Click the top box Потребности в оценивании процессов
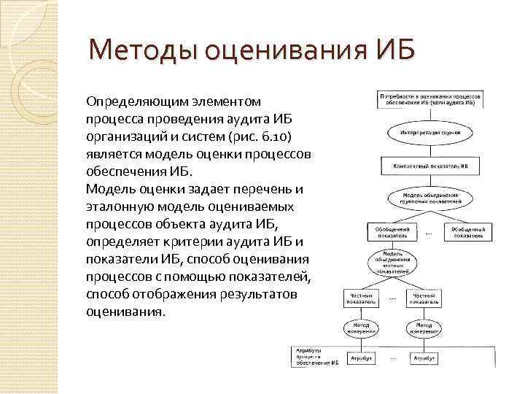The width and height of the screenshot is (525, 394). [x=427, y=100]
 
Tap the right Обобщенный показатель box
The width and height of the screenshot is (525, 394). [x=467, y=231]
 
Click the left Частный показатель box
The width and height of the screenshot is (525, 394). [x=361, y=297]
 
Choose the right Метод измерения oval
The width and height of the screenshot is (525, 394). [x=424, y=328]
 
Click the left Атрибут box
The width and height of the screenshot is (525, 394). [x=361, y=358]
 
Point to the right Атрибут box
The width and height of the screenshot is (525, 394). [x=424, y=358]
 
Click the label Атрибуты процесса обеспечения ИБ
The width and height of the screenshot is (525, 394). [x=316, y=356]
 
